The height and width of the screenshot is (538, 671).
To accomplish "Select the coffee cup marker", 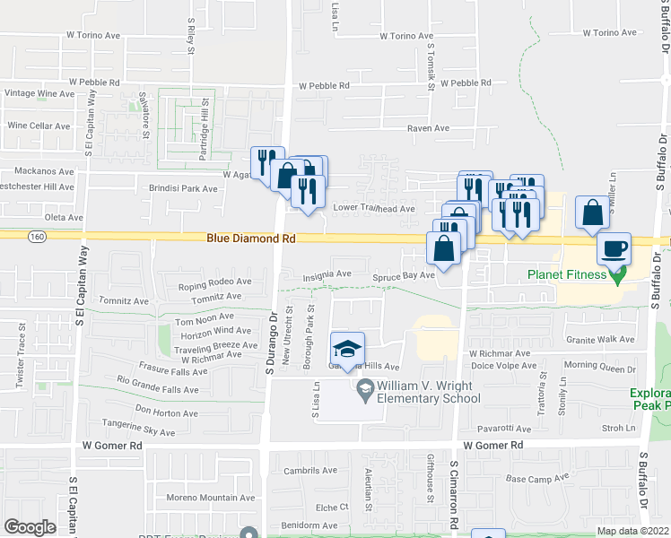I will tap(614, 248).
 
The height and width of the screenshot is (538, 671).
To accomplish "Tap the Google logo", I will tap(30, 527).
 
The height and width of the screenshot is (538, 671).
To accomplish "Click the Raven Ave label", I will tap(428, 129).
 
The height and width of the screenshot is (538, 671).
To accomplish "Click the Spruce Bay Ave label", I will tap(404, 276).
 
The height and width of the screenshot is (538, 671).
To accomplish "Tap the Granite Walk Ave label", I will tap(602, 339).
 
